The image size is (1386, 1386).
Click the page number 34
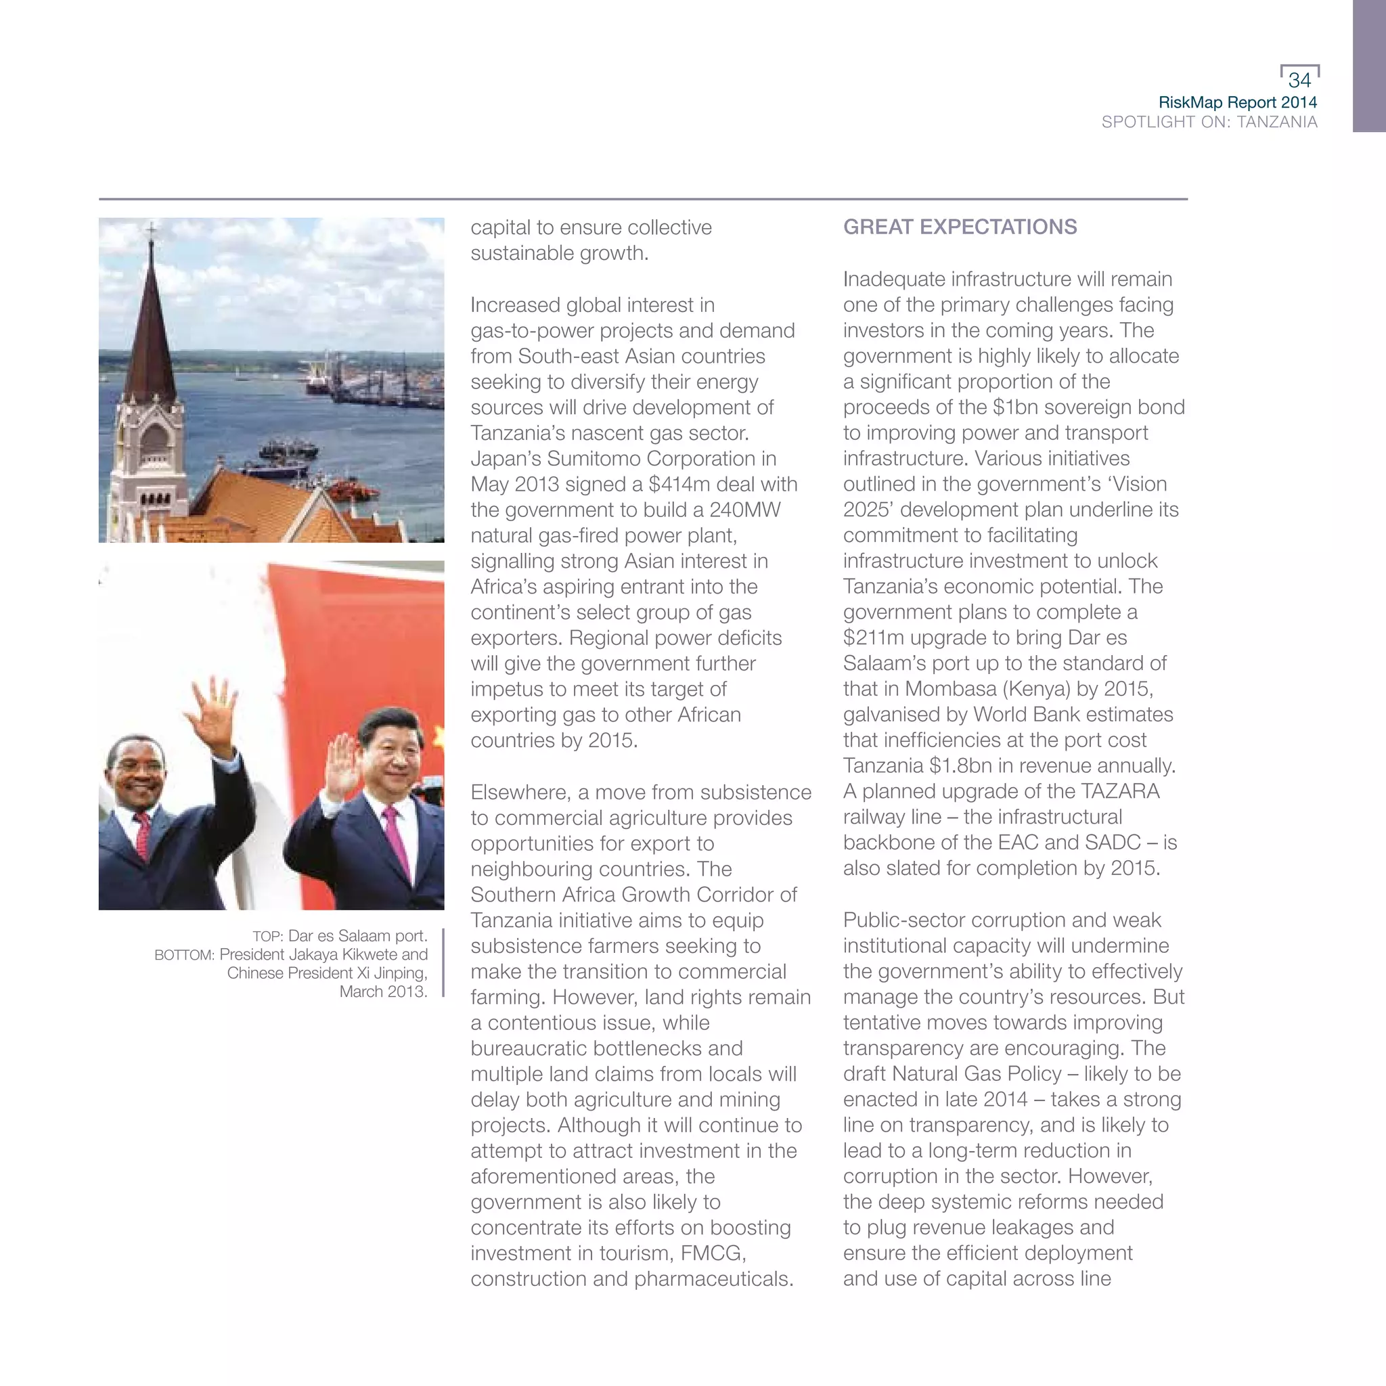pyautogui.click(x=1299, y=80)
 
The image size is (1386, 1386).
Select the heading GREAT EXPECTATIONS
pyautogui.click(x=960, y=227)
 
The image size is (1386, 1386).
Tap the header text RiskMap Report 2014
pyautogui.click(x=1238, y=103)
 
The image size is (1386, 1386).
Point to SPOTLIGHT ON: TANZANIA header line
pyautogui.click(x=1209, y=122)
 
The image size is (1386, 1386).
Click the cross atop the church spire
pyautogui.click(x=152, y=231)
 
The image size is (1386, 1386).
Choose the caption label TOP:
pyautogui.click(x=267, y=936)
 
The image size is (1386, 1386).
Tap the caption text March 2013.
pyautogui.click(x=382, y=991)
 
